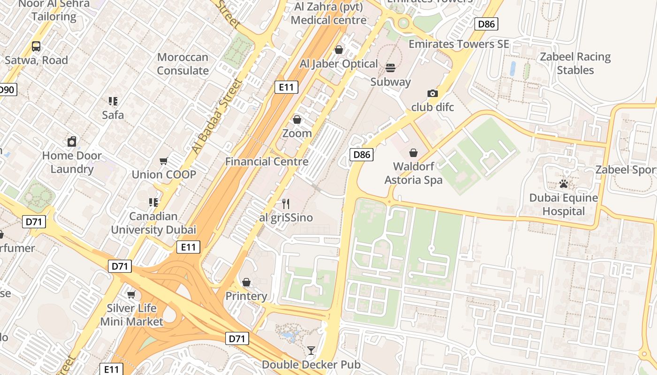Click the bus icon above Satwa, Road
point(36,46)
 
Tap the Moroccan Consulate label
point(183,64)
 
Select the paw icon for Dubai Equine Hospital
point(564,184)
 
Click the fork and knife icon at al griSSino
point(285,204)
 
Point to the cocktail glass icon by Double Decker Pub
point(311,350)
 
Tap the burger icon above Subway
point(390,68)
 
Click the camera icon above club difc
point(433,94)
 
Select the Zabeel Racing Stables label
point(575,64)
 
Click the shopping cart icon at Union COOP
point(164,161)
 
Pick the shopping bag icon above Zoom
point(297,120)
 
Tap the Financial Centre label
point(267,162)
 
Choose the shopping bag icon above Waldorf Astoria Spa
point(413,153)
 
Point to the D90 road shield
point(7,90)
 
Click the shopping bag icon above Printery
point(246,283)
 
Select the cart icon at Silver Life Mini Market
point(131,295)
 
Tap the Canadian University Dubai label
point(153,223)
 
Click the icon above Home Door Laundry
point(72,142)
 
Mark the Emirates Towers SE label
point(458,44)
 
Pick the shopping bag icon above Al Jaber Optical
point(339,50)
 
